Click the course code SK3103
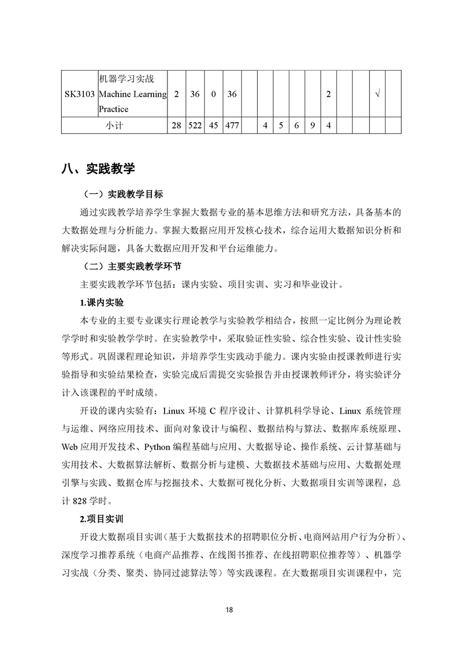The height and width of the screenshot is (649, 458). pyautogui.click(x=79, y=94)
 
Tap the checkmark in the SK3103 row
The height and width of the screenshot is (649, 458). pyautogui.click(x=377, y=94)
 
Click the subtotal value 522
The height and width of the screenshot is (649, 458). pyautogui.click(x=195, y=125)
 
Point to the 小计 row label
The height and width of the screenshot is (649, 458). pyautogui.click(x=114, y=125)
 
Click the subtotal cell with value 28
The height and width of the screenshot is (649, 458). pyautogui.click(x=176, y=125)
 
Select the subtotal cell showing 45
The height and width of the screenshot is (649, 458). pyautogui.click(x=213, y=125)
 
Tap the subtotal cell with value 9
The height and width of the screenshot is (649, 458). pyautogui.click(x=312, y=125)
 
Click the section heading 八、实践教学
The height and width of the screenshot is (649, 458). pyautogui.click(x=98, y=169)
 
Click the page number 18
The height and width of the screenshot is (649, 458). pyautogui.click(x=229, y=610)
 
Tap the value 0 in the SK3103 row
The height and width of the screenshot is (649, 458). pyautogui.click(x=213, y=94)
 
